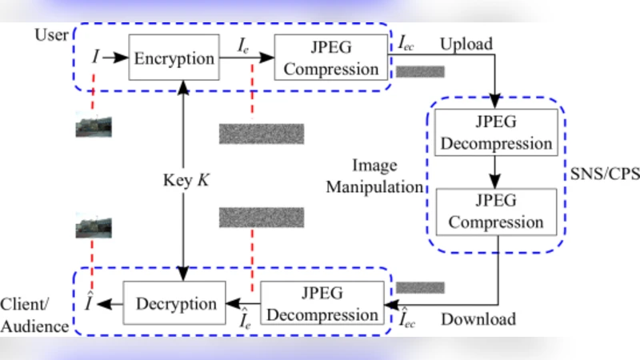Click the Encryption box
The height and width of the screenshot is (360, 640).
tap(174, 58)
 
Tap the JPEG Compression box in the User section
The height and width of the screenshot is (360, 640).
tap(331, 58)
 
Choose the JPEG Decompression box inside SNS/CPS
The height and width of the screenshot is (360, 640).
tap(498, 133)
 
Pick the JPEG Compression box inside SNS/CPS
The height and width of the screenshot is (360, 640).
tap(498, 210)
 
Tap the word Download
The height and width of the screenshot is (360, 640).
tap(478, 319)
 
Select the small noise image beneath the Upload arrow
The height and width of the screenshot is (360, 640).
tap(419, 71)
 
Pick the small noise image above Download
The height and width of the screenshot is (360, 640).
tap(419, 286)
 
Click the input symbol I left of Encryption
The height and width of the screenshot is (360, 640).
tap(96, 58)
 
